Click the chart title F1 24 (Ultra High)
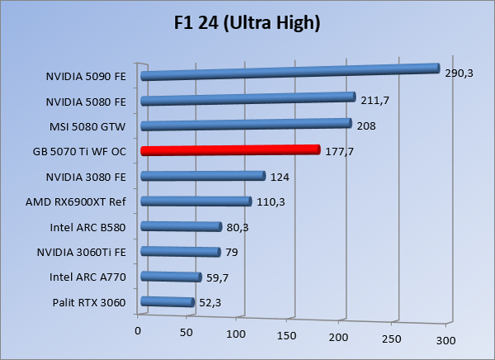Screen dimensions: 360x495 (247, 23)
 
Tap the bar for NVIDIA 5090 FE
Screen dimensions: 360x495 (289, 73)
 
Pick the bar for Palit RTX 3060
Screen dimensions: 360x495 (167, 303)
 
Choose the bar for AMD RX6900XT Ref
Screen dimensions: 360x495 (196, 201)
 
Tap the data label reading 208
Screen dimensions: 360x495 (365, 125)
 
